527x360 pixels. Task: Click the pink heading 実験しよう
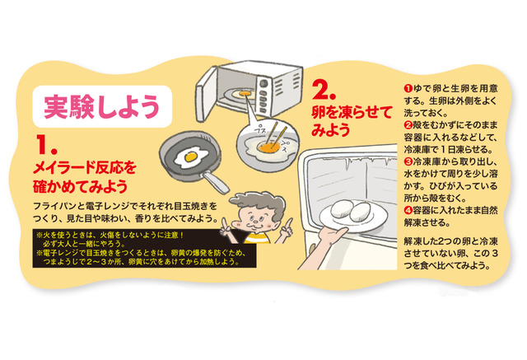(x=101, y=106)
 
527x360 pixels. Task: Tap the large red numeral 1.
(x=46, y=145)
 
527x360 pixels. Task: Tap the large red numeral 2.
(x=324, y=90)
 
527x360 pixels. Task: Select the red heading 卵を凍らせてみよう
(x=352, y=121)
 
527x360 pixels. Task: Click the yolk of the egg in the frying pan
(x=190, y=157)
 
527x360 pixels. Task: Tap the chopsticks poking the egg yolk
(x=277, y=135)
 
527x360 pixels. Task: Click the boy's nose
(x=254, y=220)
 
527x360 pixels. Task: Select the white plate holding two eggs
(x=353, y=217)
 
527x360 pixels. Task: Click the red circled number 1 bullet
(x=408, y=88)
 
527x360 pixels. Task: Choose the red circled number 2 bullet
(x=408, y=125)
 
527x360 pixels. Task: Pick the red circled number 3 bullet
(x=408, y=161)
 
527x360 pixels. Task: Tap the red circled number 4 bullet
(x=408, y=210)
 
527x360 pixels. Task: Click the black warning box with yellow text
(x=144, y=249)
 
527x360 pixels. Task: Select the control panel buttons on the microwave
(x=263, y=96)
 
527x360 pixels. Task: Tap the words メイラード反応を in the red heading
(x=84, y=167)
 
